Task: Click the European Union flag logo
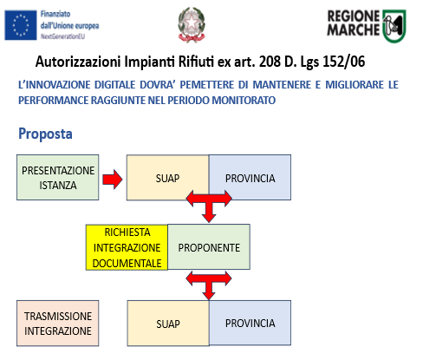21,25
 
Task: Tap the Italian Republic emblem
192,25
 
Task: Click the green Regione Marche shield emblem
394,26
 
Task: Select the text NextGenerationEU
62,36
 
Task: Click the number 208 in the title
270,62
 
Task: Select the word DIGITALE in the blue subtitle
114,85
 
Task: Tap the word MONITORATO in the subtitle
244,101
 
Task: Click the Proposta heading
45,134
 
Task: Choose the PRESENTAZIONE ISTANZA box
58,177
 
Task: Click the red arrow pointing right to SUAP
113,180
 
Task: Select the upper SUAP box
167,177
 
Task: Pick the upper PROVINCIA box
250,177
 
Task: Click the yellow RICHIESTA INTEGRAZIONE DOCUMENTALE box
127,247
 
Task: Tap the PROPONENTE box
209,247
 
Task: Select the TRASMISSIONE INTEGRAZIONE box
58,324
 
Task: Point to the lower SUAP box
168,324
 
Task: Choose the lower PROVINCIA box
251,323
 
